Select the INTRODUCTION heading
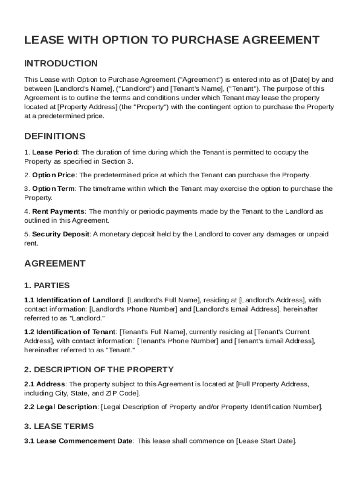point(61,63)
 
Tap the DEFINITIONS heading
point(55,137)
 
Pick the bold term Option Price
point(53,175)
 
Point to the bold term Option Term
point(53,189)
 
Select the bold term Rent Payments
point(58,211)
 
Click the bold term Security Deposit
point(60,234)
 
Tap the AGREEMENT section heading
point(55,263)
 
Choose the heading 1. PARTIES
point(47,285)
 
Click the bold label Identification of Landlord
point(80,300)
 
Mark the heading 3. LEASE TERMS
point(59,426)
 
